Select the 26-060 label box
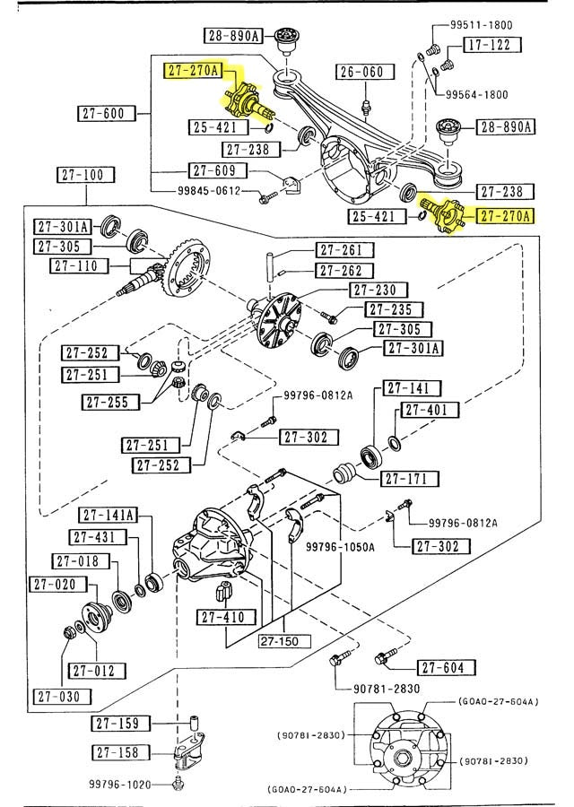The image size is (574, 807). click(x=361, y=72)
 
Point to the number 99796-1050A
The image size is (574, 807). click(x=340, y=545)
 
